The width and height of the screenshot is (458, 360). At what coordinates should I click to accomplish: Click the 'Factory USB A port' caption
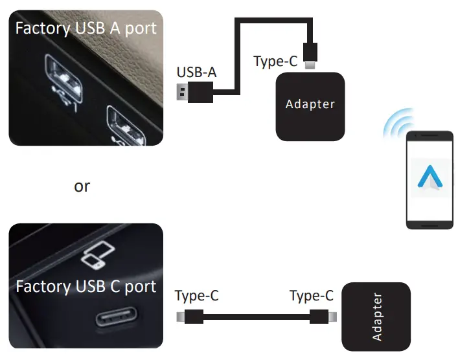pos(85,28)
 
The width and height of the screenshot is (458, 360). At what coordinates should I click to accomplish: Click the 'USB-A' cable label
pos(196,73)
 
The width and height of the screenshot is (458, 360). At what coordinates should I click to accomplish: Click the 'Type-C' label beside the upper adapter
pos(275,62)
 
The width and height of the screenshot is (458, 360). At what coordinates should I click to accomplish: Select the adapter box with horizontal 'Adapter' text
pos(310,106)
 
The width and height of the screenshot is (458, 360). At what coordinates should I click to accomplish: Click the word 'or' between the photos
pos(82,186)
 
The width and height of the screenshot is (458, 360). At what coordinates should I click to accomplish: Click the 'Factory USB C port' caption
pos(86,286)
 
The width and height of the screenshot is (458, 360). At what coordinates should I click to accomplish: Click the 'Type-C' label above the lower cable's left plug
pos(197,296)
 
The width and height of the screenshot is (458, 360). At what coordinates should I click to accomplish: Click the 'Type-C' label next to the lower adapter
pos(312,296)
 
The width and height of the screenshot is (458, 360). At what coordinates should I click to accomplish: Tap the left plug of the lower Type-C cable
pos(190,317)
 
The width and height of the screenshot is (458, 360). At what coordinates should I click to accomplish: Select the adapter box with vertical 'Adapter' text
pos(376,317)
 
